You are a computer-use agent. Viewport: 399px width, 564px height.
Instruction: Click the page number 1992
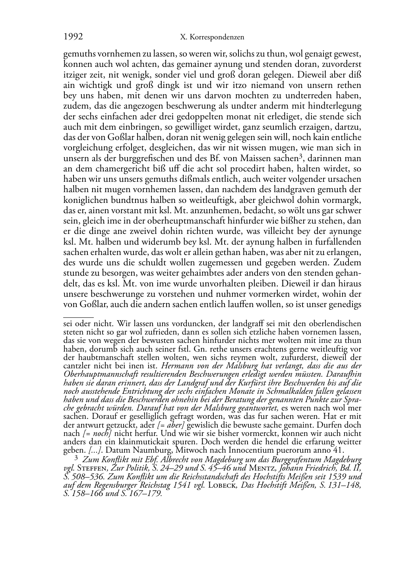(x=73, y=37)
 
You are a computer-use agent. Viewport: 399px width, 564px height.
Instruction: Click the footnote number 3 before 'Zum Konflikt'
(x=76, y=458)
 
